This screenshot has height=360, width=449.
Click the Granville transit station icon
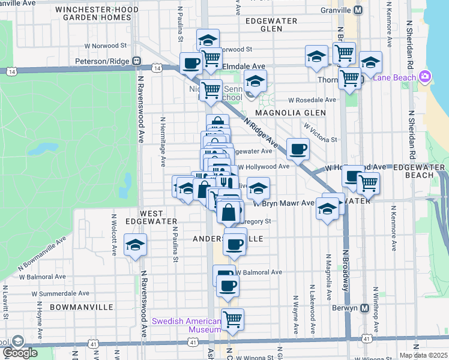coord(358,10)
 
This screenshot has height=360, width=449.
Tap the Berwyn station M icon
coord(364,308)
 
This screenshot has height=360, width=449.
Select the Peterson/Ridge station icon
coord(137,61)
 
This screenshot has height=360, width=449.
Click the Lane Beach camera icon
coord(426,76)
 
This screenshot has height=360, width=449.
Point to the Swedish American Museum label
coord(186,325)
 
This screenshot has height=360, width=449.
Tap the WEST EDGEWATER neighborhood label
coord(143,217)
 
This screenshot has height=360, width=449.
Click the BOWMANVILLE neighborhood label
coord(82,307)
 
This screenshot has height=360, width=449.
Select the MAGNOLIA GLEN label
coord(291,112)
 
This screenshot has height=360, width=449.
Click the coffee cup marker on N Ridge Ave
coord(297,149)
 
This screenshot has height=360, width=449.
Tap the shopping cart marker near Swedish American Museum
coord(232,319)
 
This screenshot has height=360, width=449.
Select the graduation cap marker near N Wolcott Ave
coord(136,245)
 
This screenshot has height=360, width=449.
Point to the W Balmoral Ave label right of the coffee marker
coord(259,272)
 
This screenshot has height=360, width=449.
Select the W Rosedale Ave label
coord(312,100)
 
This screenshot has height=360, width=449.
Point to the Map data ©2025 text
coord(423,355)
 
